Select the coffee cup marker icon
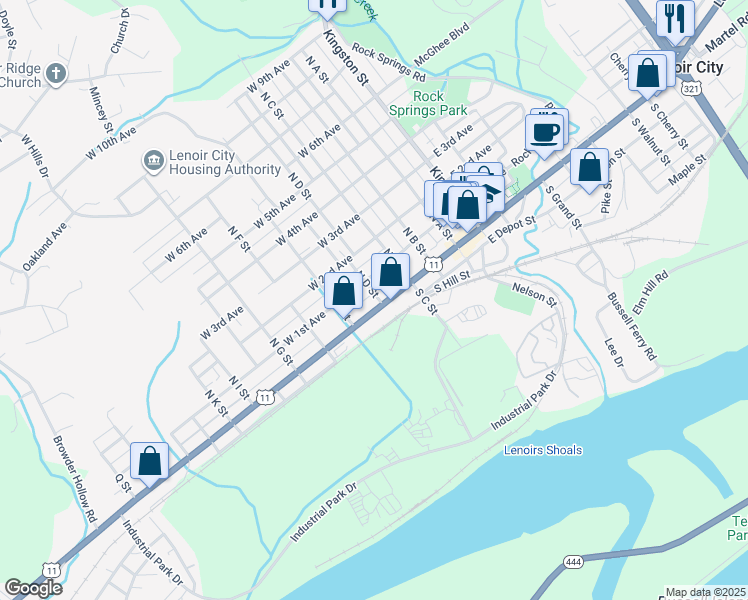click(x=545, y=132)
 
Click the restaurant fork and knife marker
click(x=674, y=17)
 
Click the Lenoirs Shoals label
click(x=543, y=450)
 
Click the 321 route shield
click(x=691, y=90)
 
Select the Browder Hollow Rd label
click(x=74, y=479)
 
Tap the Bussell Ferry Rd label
click(x=632, y=326)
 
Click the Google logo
click(x=33, y=588)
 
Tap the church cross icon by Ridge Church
click(x=56, y=74)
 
